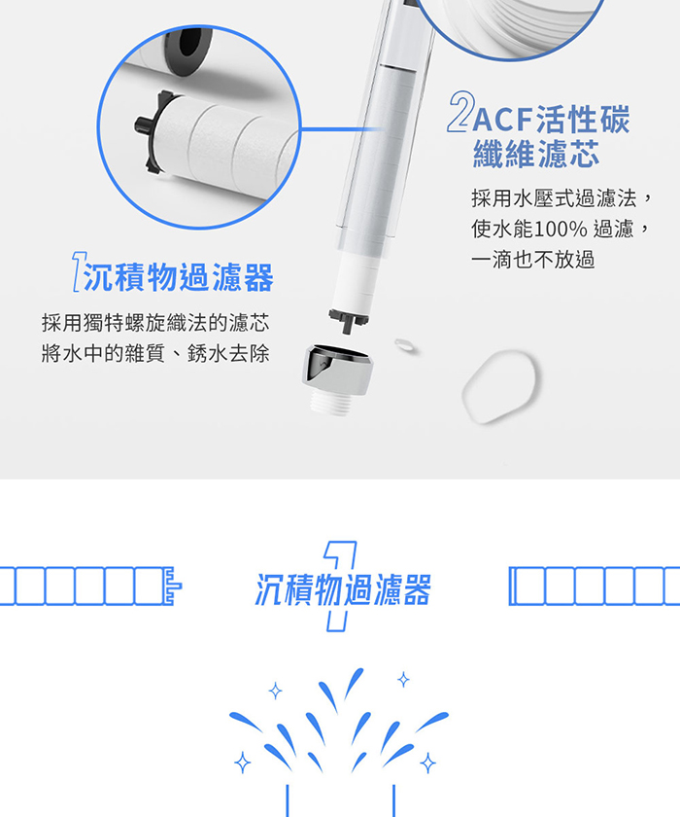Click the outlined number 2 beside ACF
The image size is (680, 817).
[461, 112]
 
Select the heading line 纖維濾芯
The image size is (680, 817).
[536, 154]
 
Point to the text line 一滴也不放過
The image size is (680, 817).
[532, 259]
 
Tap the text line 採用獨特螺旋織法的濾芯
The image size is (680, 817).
[155, 323]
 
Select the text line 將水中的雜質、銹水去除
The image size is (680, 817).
[155, 354]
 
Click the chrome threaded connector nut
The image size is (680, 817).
[337, 378]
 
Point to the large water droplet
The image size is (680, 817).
[499, 386]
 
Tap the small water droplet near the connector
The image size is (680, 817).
[405, 345]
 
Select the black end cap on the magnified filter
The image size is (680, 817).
[152, 129]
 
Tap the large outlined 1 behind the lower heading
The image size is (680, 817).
[340, 586]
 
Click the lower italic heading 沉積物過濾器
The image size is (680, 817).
[343, 589]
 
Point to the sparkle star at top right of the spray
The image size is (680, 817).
[403, 680]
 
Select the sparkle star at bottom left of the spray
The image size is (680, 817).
[242, 763]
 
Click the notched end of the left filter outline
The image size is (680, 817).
[172, 586]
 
